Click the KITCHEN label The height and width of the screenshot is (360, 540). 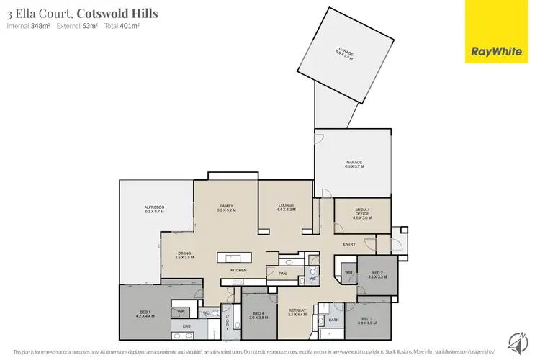238,270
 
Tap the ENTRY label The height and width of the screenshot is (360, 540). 349,245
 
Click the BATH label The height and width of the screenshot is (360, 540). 333,319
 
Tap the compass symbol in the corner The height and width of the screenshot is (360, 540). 516,340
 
